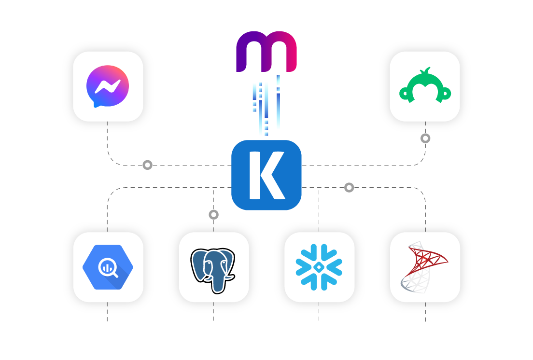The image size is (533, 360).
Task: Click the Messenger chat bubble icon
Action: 108,86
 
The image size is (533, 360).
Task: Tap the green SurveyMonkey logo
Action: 425,86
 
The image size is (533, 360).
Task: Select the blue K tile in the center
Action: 266,175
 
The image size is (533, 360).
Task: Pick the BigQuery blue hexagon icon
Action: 108,267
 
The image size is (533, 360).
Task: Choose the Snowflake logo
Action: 319,267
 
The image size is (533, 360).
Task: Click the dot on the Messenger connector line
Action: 147,165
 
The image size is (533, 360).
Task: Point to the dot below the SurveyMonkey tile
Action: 425,138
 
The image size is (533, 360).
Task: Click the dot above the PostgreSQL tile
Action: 213,214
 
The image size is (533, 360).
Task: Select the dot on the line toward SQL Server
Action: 349,187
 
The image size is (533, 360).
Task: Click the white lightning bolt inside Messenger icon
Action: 108,86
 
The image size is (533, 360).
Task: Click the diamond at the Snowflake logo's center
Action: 319,267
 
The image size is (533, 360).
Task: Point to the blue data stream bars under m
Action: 266,106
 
